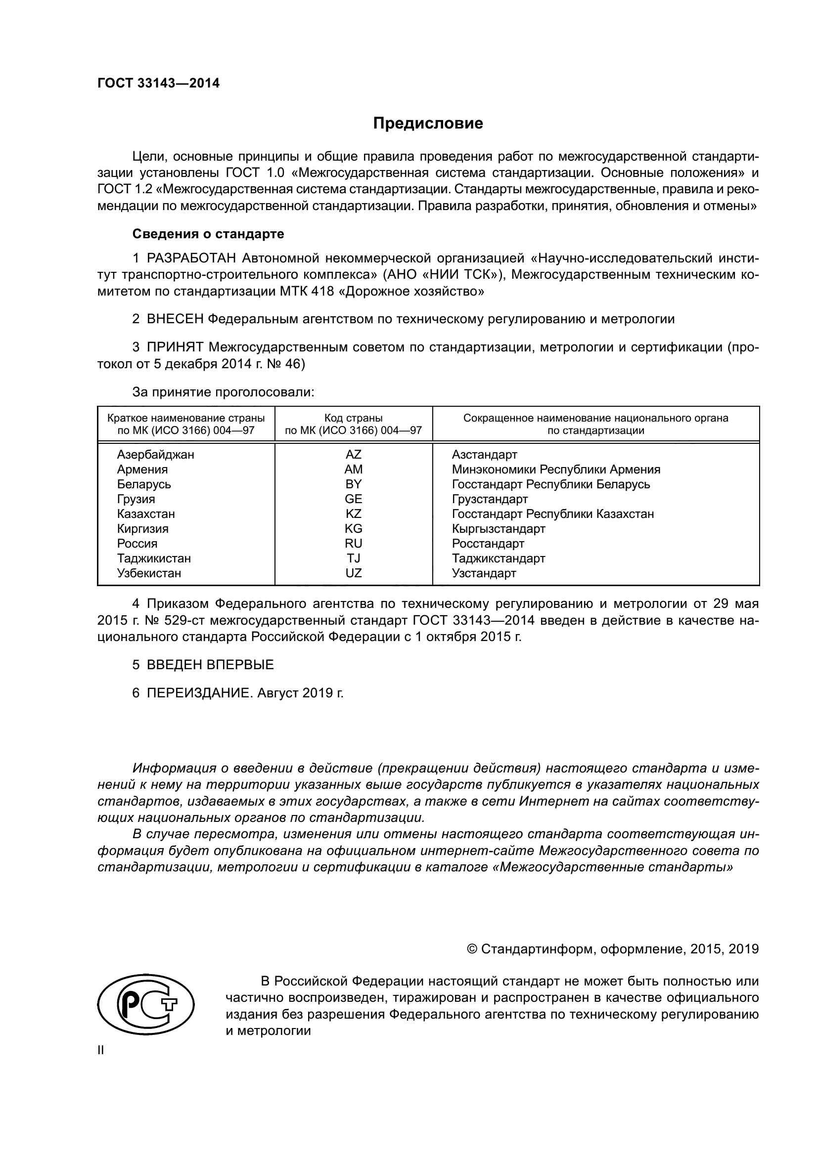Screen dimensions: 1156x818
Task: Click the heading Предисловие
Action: click(x=428, y=124)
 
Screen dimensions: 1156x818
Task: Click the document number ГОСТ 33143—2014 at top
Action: click(x=158, y=83)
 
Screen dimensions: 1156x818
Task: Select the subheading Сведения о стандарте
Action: click(x=208, y=234)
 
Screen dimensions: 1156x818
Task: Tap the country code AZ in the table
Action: click(x=353, y=455)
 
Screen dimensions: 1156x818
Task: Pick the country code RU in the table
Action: click(x=353, y=543)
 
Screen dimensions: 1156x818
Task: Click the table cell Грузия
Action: click(x=136, y=499)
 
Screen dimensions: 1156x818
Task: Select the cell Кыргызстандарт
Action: click(x=498, y=529)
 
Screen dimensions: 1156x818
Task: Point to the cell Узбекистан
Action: click(x=148, y=573)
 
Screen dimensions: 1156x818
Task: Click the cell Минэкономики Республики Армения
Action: click(x=555, y=469)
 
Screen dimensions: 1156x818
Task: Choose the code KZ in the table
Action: click(x=353, y=514)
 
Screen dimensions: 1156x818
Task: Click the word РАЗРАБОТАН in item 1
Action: click(x=191, y=258)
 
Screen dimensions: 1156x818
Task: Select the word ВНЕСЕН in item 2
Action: click(x=175, y=319)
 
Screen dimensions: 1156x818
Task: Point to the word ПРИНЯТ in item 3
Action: click(x=175, y=347)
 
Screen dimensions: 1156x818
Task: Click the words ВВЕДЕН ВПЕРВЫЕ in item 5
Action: click(x=210, y=665)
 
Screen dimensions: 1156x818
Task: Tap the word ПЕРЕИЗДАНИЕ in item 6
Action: click(x=198, y=693)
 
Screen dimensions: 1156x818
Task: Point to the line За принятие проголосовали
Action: click(x=223, y=392)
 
